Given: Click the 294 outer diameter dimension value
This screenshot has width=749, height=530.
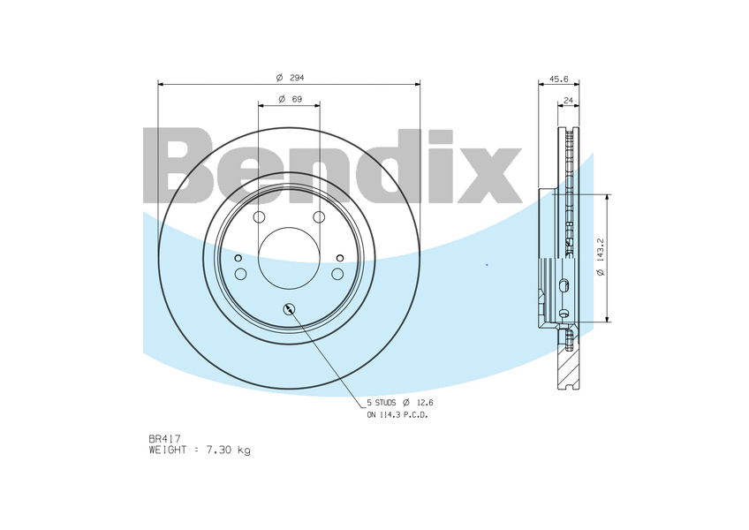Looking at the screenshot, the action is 297,78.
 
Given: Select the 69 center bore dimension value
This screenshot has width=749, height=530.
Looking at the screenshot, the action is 297,99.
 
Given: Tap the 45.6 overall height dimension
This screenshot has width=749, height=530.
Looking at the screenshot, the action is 558,79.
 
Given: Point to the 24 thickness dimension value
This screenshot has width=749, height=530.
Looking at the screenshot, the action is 569,101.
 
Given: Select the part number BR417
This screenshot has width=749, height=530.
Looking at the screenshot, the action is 164,438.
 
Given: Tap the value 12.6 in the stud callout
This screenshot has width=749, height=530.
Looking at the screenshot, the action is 424,403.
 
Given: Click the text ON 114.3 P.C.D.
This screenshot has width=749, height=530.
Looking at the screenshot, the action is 397,415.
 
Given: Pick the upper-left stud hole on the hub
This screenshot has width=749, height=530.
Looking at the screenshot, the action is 259,217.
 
